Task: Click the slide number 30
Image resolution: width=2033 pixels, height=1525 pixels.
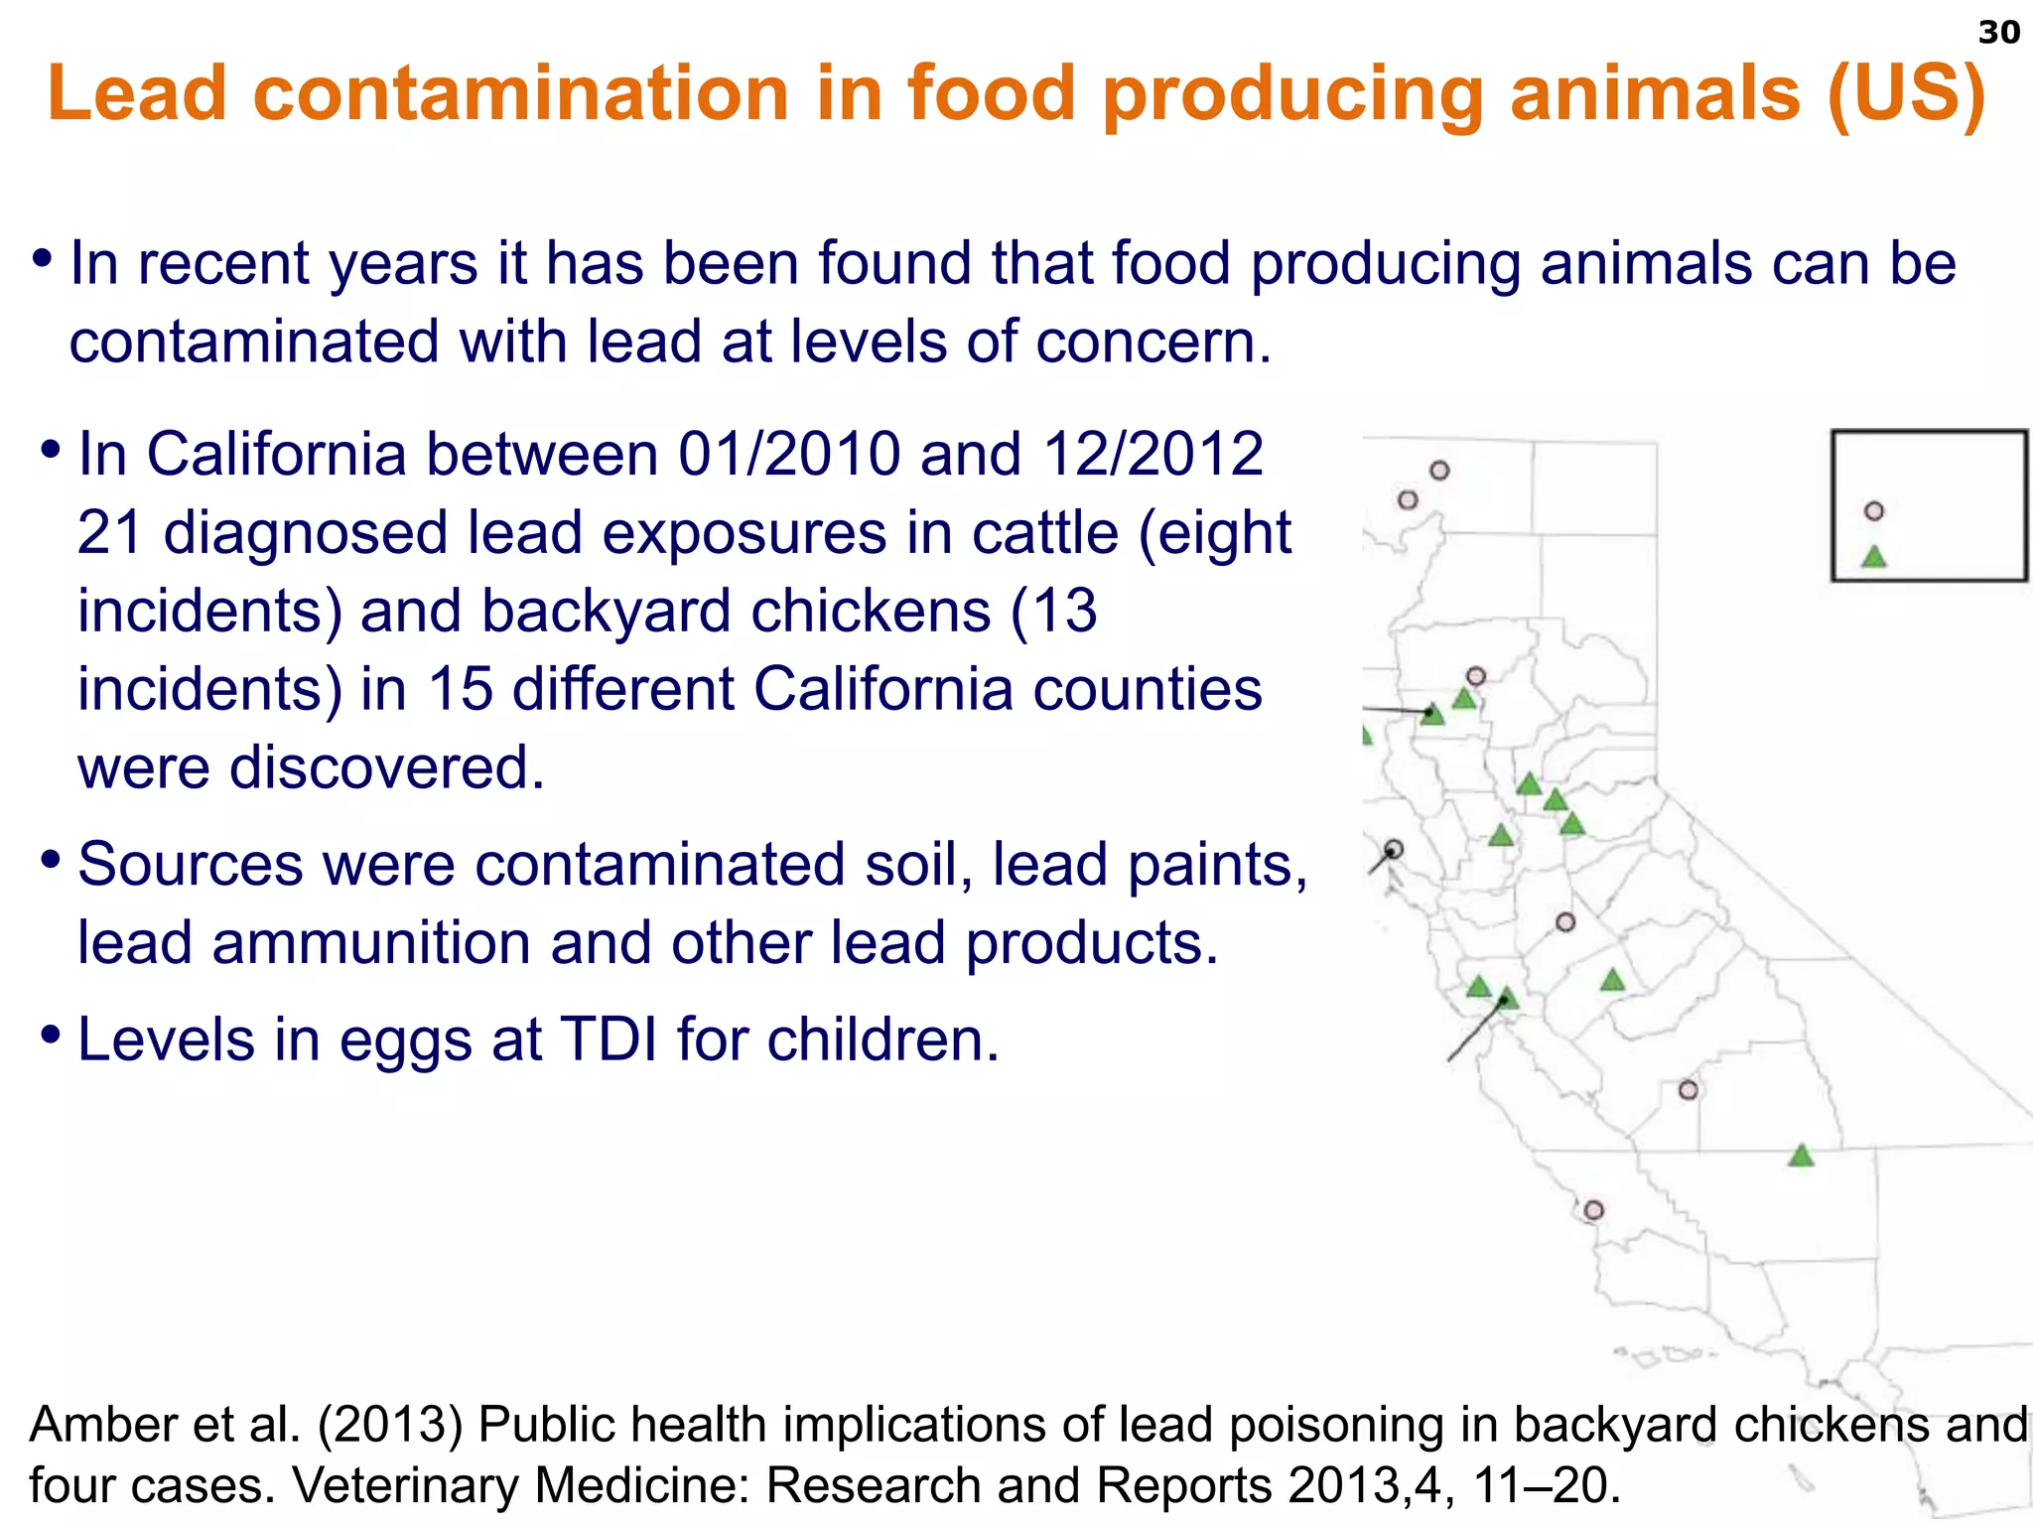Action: (1998, 33)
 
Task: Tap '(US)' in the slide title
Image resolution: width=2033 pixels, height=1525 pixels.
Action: (1906, 93)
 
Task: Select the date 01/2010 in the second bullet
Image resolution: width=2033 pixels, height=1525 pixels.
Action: (788, 455)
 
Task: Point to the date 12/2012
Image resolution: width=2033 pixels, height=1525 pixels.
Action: (1152, 455)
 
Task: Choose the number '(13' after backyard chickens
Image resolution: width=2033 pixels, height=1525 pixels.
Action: (1053, 611)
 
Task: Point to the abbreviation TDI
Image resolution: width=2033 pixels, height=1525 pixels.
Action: (609, 1040)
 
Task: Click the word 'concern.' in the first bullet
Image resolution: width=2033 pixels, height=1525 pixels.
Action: (1152, 342)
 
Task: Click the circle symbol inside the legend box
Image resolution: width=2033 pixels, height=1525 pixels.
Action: (1874, 511)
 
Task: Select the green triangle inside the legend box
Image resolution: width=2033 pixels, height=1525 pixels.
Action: (1874, 557)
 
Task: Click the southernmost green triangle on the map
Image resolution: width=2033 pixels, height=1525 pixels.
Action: (1801, 1156)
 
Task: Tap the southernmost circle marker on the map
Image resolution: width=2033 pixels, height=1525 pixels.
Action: (1593, 1210)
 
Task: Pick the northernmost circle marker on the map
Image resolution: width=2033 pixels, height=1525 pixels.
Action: (1439, 471)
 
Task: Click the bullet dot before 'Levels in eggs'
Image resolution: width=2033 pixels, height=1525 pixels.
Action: (51, 1035)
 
